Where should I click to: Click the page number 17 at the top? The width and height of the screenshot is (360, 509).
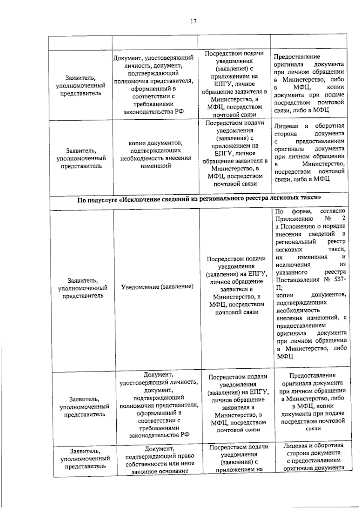pyautogui.click(x=193, y=21)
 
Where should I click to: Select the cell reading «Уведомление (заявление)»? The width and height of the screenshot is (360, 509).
pyautogui.click(x=157, y=287)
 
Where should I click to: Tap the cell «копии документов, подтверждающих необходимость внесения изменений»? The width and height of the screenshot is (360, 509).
pyautogui.click(x=156, y=154)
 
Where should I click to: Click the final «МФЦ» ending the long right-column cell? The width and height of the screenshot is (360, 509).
pyautogui.click(x=285, y=356)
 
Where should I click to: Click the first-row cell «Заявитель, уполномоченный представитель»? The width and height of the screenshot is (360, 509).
pyautogui.click(x=81, y=85)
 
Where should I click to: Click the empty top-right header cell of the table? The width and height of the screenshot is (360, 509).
pyautogui.click(x=309, y=42)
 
